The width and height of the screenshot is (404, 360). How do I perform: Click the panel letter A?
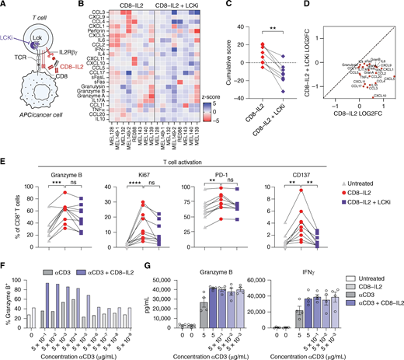[x=5, y=5]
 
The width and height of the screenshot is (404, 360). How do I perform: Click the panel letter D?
[x=319, y=5]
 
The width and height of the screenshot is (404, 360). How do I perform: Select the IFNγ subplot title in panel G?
[x=288, y=275]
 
